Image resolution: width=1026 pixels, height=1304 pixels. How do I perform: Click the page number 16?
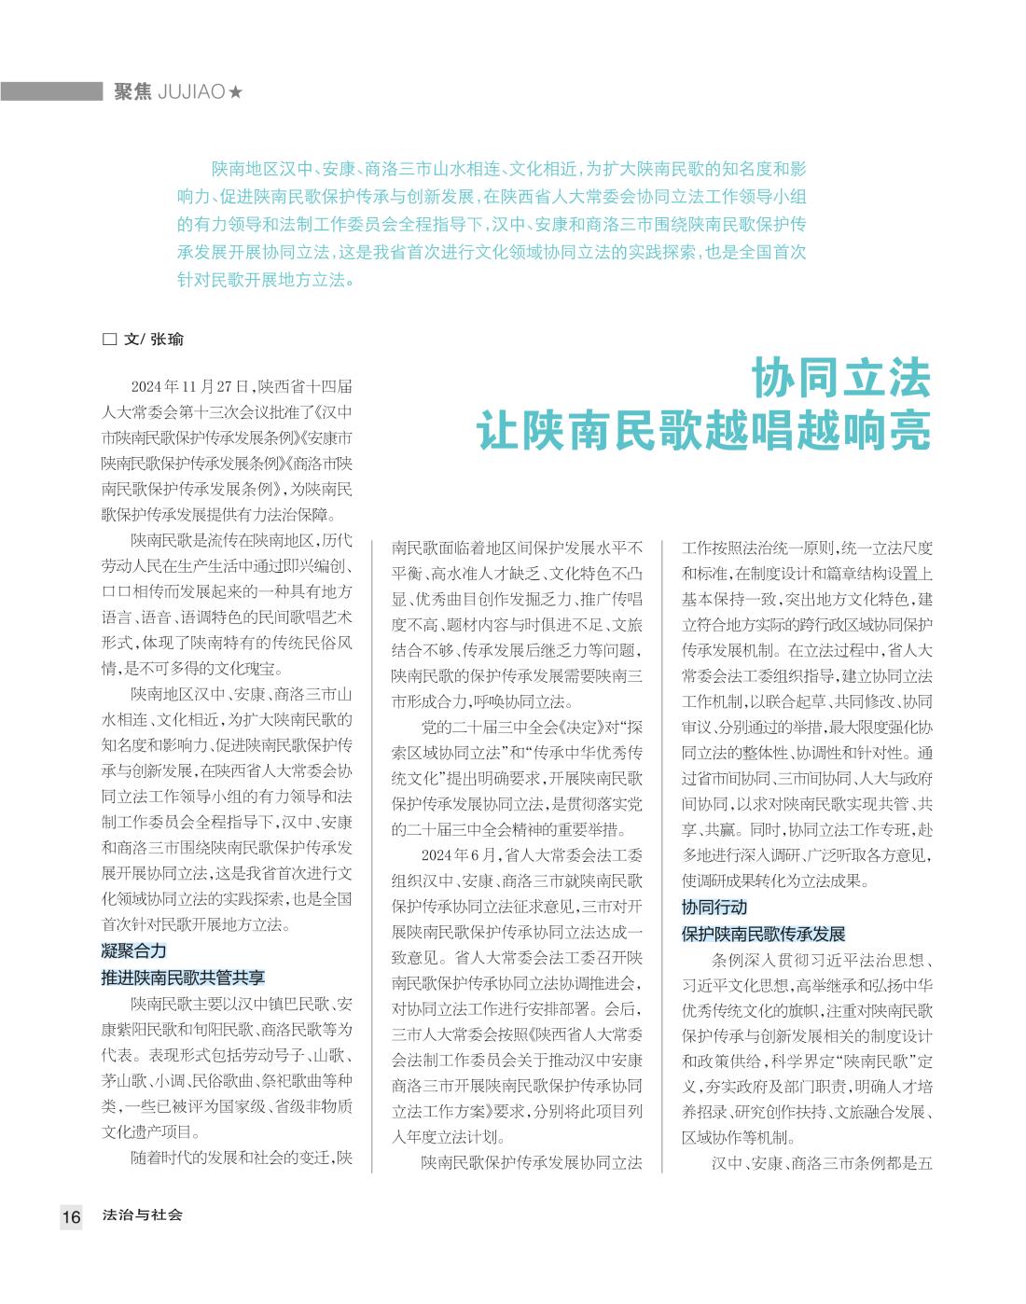click(x=72, y=1216)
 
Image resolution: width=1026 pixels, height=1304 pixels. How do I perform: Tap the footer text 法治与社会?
click(x=143, y=1215)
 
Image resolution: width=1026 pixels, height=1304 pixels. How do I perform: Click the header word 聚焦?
click(x=133, y=91)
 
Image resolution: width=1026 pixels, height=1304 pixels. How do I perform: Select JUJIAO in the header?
click(x=193, y=91)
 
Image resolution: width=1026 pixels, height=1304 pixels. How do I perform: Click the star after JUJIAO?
click(x=236, y=91)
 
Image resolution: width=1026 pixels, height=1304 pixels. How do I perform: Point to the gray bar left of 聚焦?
click(x=51, y=91)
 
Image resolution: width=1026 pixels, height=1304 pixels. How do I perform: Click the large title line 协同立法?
click(x=842, y=378)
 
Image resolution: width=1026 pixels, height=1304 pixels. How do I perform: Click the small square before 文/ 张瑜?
click(x=108, y=340)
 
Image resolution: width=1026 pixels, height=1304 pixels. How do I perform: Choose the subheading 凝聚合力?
click(x=133, y=950)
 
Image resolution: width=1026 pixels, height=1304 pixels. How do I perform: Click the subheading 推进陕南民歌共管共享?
click(x=183, y=977)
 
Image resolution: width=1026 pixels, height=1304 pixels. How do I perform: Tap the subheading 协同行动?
click(x=714, y=907)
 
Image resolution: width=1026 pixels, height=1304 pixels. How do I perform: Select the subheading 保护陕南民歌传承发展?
click(x=763, y=933)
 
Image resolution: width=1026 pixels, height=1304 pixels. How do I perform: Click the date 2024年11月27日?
click(x=189, y=385)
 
